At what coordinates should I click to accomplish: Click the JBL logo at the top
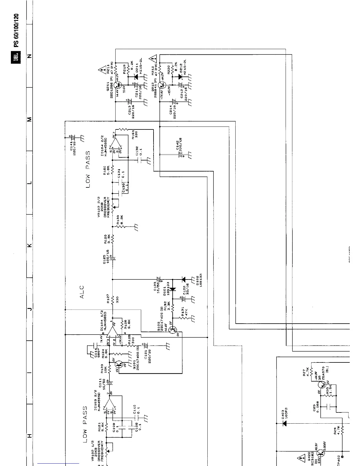pos(16,57)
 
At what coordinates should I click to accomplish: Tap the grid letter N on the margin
pos(29,56)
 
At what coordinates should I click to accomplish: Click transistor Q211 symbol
pos(119,85)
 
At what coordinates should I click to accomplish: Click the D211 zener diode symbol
pos(136,76)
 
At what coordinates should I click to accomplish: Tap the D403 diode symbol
pos(284,423)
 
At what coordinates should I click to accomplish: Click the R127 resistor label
pos(108,298)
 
